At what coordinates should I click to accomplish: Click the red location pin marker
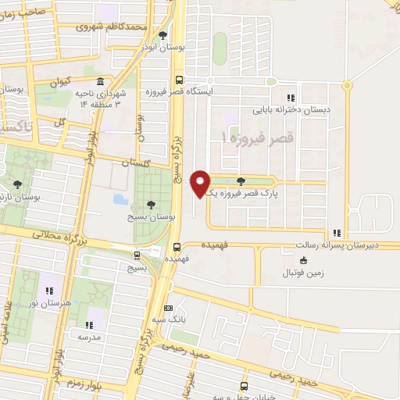click(200, 183)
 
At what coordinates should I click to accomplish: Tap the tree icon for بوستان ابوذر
click(162, 35)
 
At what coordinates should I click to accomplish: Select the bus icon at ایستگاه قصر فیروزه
click(180, 79)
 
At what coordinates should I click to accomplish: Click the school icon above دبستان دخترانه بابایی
click(291, 98)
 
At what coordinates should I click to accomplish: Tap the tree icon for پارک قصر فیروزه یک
click(250, 180)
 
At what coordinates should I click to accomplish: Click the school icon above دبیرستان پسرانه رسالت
click(336, 233)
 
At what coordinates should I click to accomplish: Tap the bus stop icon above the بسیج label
click(137, 255)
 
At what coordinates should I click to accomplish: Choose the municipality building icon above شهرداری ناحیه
click(99, 82)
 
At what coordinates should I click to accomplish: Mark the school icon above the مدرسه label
click(88, 323)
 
